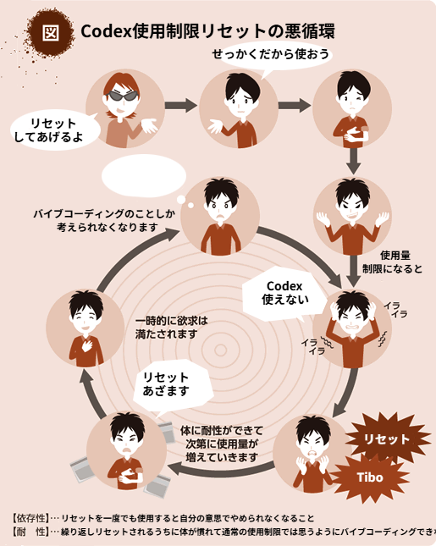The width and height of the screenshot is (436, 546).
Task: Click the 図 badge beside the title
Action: click(x=50, y=32)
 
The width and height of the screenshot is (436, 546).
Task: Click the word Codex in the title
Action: click(x=106, y=31)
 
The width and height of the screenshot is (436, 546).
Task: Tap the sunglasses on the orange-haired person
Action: click(x=122, y=96)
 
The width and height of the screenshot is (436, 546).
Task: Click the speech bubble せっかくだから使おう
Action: click(x=271, y=55)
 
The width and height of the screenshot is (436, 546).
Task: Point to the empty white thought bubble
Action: click(x=144, y=176)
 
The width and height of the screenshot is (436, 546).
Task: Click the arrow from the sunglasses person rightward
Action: click(x=181, y=105)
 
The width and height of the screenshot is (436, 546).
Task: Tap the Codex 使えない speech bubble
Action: click(x=284, y=294)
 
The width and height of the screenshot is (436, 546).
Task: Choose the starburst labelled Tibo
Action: click(x=370, y=477)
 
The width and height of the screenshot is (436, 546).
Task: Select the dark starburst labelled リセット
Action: click(x=387, y=438)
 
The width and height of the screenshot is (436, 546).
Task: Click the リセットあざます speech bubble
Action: click(x=172, y=386)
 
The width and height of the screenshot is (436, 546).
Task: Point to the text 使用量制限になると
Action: click(x=393, y=262)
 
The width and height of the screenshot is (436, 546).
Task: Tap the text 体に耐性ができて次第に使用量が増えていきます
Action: click(x=222, y=444)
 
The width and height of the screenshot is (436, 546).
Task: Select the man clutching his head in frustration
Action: click(x=352, y=328)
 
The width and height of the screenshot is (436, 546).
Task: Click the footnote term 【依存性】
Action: click(x=30, y=519)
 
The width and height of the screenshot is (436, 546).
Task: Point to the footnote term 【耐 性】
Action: click(x=30, y=532)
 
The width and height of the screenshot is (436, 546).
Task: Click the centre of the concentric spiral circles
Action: click(x=220, y=350)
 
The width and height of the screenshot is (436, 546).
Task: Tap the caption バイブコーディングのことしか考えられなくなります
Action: click(x=104, y=220)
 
